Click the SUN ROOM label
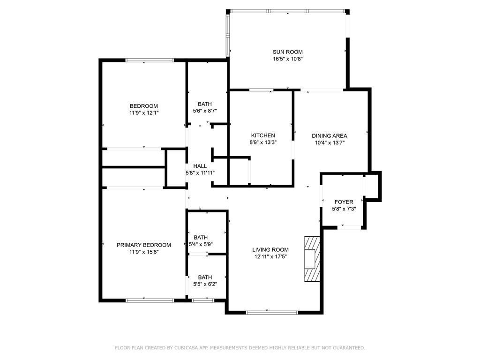tap(288, 52)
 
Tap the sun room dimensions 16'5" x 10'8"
tap(288, 59)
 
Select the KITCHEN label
tap(263, 135)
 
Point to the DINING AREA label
tap(330, 136)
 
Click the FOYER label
tap(344, 202)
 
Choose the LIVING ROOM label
tap(271, 250)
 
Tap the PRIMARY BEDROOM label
tap(143, 245)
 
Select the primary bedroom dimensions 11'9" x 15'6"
tap(143, 252)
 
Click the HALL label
tap(200, 166)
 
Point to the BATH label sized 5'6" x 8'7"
tap(204, 104)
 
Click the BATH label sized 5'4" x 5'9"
tap(201, 238)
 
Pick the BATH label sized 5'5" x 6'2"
tap(205, 277)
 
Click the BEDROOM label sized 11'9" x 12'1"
tap(144, 106)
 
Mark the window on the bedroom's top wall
tap(150, 60)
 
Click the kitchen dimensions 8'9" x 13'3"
tap(263, 142)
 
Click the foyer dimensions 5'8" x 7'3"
tap(344, 209)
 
